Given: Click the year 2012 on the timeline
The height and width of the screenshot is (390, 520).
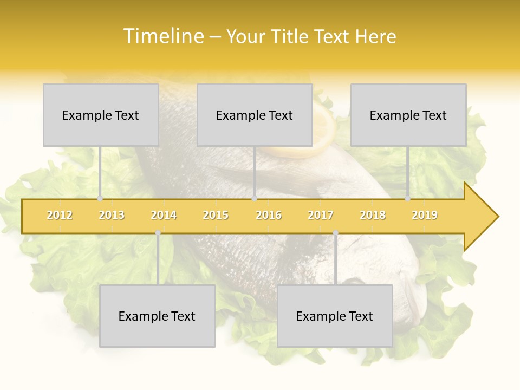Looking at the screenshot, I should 60,215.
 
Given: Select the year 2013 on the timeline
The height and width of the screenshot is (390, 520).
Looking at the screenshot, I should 112,215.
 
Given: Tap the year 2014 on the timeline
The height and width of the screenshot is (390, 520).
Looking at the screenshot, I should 164,215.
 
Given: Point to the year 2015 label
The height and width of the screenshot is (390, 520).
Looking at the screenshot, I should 216,215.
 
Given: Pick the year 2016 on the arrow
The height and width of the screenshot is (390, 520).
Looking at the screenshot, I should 269,215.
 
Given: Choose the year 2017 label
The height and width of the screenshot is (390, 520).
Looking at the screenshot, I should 321,215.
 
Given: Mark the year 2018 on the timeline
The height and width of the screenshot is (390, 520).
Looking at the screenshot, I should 373,215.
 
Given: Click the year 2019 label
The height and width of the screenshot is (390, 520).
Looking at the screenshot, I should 425,215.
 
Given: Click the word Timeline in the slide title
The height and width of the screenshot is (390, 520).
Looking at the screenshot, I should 162,36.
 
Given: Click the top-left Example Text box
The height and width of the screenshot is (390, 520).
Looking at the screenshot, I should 101,115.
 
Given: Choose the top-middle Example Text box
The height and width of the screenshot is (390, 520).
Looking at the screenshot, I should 255,115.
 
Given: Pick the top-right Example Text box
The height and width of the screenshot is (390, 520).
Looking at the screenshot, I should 408,115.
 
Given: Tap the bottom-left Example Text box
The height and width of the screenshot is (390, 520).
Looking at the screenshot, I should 157,316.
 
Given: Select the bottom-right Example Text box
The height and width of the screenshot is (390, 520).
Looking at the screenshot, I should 335,316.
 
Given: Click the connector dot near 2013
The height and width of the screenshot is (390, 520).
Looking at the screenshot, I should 100,199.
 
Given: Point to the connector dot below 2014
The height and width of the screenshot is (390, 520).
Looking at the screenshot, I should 158,233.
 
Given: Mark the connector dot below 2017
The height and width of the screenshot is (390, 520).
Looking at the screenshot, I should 335,233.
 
